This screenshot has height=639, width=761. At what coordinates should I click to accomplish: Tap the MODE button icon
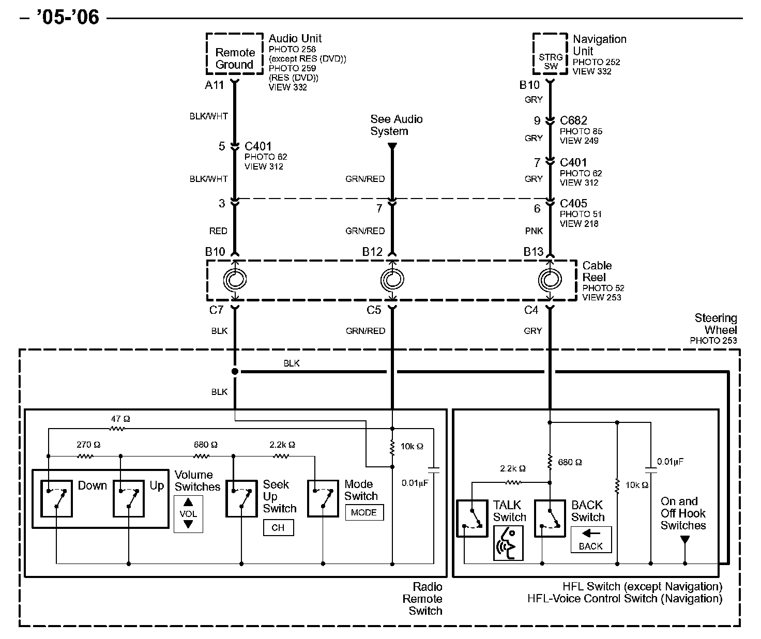(x=364, y=512)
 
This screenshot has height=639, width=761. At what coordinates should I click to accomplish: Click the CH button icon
(x=279, y=527)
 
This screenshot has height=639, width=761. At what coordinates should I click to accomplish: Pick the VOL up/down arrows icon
(x=188, y=513)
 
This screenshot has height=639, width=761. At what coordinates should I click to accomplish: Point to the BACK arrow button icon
(x=591, y=540)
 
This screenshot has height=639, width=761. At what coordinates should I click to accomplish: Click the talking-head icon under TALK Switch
(x=508, y=543)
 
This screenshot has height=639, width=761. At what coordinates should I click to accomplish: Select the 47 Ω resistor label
(x=120, y=419)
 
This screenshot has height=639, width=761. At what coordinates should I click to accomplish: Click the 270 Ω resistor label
(x=88, y=445)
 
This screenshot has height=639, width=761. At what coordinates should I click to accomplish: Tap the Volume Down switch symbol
(x=56, y=499)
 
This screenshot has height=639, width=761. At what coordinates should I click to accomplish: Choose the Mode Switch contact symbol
(x=323, y=498)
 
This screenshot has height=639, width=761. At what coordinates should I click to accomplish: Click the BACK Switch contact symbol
(x=550, y=519)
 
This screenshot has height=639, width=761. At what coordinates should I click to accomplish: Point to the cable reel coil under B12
(x=392, y=280)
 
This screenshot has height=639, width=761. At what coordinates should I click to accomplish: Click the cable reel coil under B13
(x=550, y=280)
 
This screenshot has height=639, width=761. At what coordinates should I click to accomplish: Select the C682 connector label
(x=573, y=120)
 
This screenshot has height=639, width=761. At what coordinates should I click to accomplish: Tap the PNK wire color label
(x=534, y=231)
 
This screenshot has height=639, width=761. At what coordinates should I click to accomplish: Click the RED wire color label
(x=218, y=231)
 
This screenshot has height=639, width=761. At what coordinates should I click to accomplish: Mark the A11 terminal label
(x=215, y=85)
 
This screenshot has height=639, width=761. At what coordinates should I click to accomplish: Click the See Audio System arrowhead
(x=392, y=146)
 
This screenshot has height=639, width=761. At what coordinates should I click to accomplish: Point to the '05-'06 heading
(x=68, y=17)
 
